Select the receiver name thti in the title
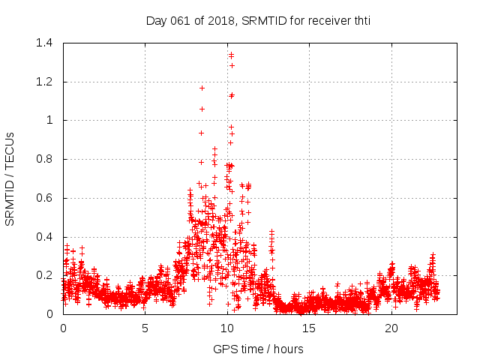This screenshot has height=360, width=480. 358,20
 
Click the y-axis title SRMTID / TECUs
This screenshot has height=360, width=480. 10,178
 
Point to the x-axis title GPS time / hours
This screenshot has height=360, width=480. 258,349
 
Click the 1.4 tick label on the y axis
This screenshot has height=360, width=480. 47,43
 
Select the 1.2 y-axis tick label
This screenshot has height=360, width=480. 47,82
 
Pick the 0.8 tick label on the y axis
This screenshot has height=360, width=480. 47,159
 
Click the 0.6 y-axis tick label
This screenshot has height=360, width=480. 47,198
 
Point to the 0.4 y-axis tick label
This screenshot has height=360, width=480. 47,237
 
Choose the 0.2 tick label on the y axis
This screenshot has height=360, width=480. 47,275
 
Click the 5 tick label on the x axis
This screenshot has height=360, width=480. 145,328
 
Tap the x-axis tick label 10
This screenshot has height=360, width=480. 227,328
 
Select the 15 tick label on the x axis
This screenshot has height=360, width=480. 309,328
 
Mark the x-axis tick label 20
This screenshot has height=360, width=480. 391,328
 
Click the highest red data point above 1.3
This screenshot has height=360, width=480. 231,54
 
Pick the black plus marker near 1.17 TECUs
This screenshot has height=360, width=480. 202,88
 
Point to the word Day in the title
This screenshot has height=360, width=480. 154,20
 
